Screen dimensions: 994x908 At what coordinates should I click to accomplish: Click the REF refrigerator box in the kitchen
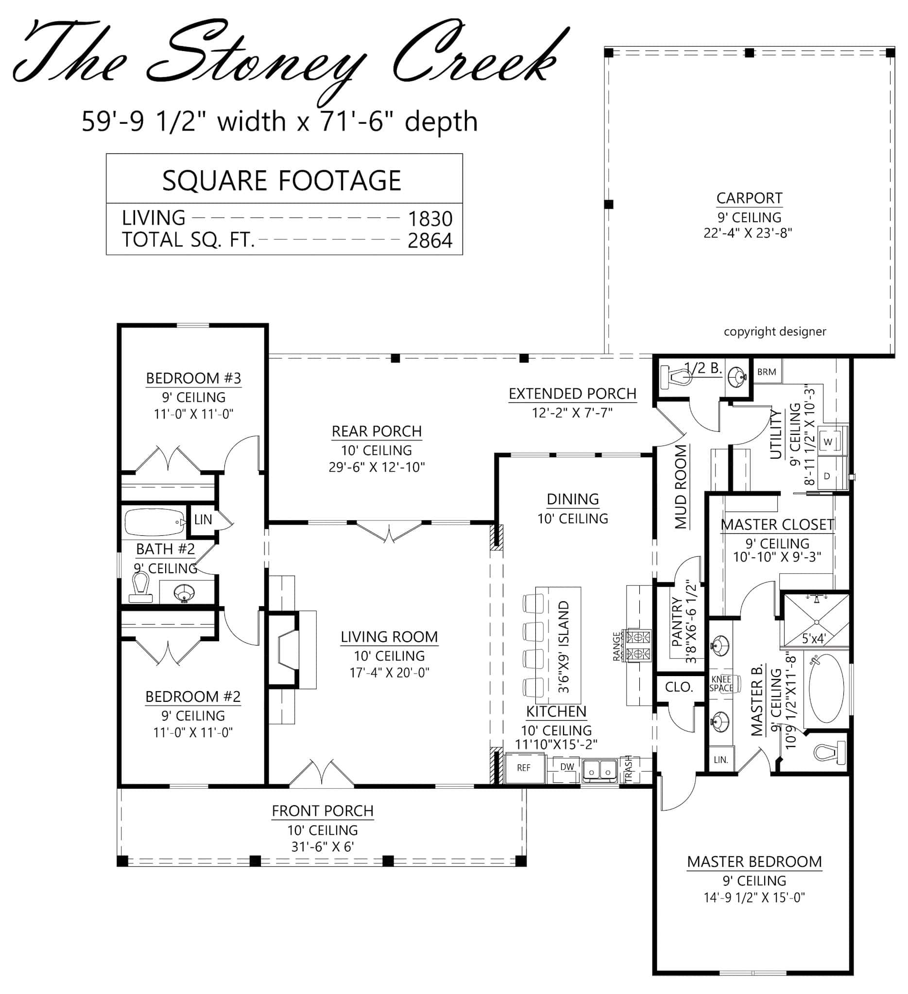524,768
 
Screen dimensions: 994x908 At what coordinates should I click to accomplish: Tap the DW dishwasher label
567,767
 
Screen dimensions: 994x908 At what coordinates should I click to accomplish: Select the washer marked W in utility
828,442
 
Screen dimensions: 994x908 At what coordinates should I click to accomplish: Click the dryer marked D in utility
827,476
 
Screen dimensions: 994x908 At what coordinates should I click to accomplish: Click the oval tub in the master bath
826,689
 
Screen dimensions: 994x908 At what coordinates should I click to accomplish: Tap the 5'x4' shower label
813,639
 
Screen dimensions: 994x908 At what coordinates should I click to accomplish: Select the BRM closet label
766,372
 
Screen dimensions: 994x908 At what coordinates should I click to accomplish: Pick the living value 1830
430,218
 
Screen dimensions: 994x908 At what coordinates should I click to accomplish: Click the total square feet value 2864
430,241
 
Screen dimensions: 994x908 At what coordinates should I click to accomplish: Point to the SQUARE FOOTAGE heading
282,181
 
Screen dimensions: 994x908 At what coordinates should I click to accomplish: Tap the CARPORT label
749,198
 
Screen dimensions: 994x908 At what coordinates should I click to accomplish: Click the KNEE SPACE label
721,683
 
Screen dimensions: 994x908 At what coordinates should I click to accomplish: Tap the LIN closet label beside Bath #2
203,519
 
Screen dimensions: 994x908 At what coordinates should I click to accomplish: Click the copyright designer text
775,331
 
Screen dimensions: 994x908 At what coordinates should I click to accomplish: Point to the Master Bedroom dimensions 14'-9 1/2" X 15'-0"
754,897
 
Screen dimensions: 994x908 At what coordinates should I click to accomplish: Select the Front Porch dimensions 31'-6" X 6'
323,846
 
